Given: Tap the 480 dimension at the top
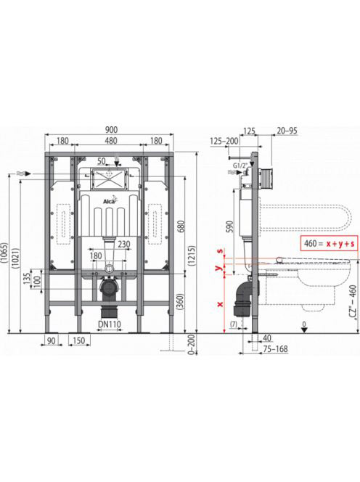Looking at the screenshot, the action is pyautogui.click(x=110, y=141).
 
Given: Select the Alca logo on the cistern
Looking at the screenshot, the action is pyautogui.click(x=109, y=200).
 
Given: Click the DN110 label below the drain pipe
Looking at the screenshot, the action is pyautogui.click(x=110, y=324).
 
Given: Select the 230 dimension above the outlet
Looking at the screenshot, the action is pyautogui.click(x=124, y=244).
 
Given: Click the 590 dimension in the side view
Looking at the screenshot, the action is pyautogui.click(x=230, y=226).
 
